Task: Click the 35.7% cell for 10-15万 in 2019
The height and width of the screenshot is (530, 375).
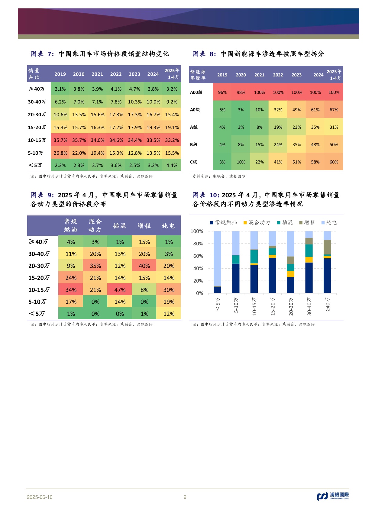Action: [x=60, y=140]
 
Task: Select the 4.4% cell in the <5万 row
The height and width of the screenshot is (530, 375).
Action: [x=172, y=165]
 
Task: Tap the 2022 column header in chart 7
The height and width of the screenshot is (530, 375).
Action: [x=116, y=74]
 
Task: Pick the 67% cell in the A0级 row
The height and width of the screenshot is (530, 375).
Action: [x=334, y=110]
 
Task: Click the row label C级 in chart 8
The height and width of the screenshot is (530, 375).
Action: [x=194, y=162]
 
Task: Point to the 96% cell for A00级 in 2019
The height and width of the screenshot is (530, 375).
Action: [x=222, y=92]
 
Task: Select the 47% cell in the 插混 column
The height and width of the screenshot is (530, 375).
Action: [x=120, y=290]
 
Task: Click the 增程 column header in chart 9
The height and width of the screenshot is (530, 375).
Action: [x=144, y=226]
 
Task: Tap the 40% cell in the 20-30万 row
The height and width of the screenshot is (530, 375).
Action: [x=144, y=266]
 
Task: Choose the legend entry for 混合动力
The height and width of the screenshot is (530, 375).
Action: [x=257, y=223]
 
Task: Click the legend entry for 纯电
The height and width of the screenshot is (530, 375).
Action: [x=329, y=223]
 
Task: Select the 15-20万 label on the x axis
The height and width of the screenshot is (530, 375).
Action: [x=273, y=307]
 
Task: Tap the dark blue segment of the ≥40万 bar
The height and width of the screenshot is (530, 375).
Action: [x=327, y=276]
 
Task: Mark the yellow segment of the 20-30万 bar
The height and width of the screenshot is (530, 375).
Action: [x=290, y=274]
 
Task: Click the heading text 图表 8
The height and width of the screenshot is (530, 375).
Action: [x=204, y=54]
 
